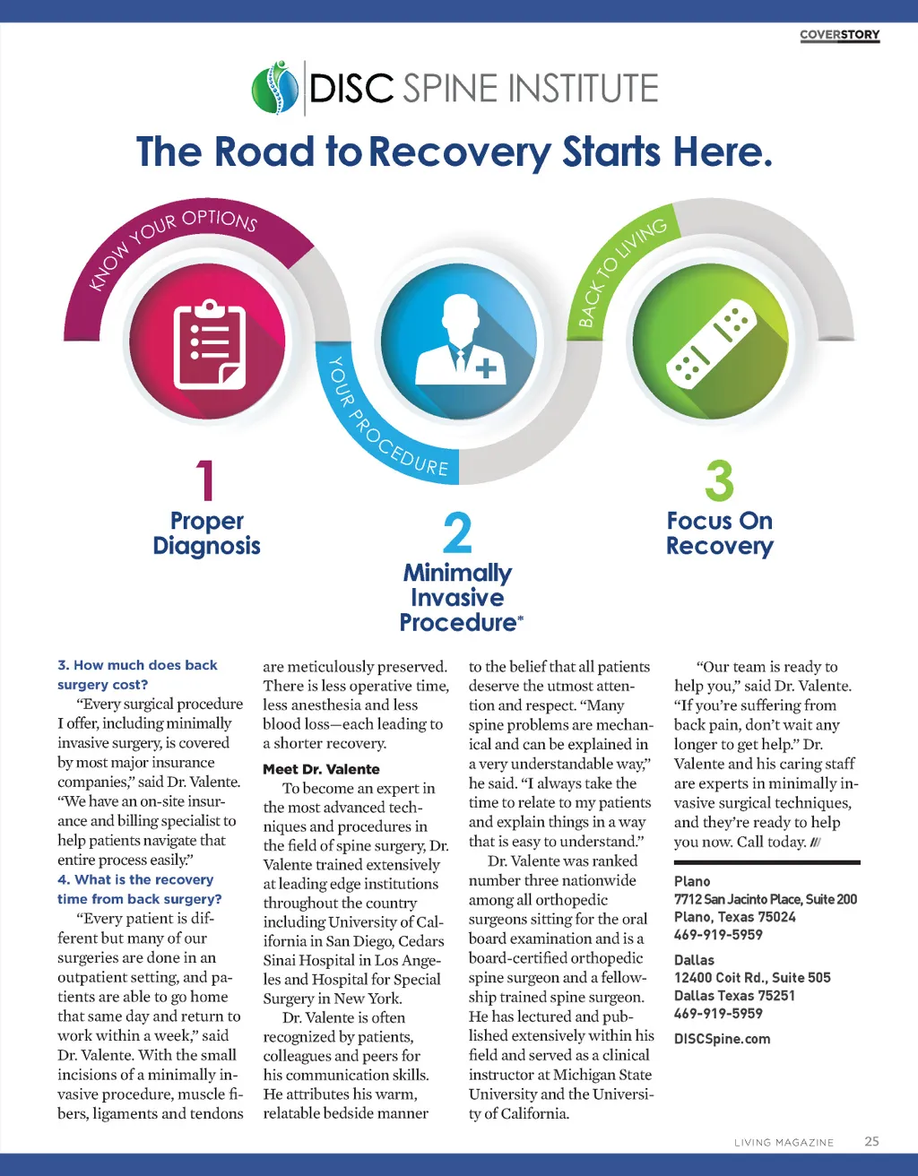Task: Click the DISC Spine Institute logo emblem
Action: tap(275, 88)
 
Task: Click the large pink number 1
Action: tap(206, 480)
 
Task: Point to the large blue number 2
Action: tap(457, 533)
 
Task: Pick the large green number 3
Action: tap(719, 481)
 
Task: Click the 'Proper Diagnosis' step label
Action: tap(206, 533)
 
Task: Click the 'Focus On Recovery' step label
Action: tap(719, 533)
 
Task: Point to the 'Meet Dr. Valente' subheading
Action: tap(321, 769)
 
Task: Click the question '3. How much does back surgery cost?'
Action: tap(137, 674)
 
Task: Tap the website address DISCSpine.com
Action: tap(722, 1039)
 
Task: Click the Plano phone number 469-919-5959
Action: tap(718, 935)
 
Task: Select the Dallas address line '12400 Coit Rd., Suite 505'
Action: tap(752, 978)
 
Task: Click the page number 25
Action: tap(871, 1141)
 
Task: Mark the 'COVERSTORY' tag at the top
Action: tap(839, 35)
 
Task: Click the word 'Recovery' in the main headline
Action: tap(459, 152)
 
